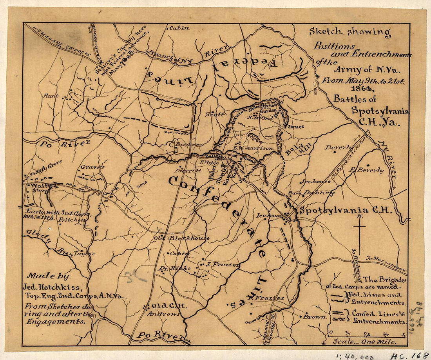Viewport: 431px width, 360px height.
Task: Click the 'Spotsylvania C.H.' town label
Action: [x=346, y=211]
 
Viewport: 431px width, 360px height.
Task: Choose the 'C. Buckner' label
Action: [x=185, y=144]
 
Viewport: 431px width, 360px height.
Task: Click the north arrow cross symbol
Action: [x=359, y=227]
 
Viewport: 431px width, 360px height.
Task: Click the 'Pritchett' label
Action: [x=72, y=220]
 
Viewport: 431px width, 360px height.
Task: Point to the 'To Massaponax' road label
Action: [x=386, y=265]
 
